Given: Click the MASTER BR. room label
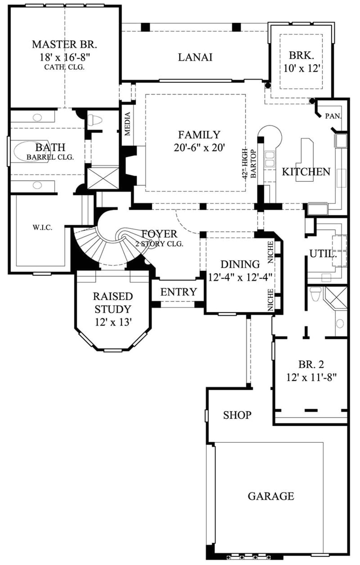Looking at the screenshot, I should click(64, 44).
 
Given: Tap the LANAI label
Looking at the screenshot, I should click(195, 57).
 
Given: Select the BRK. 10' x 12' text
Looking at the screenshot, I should click(301, 68).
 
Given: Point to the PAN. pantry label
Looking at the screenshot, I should click(333, 116).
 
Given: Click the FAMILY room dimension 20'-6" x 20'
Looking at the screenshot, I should click(199, 148).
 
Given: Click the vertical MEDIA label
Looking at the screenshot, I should click(127, 124).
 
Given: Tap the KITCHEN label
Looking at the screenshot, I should click(306, 172).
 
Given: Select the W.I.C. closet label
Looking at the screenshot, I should click(42, 227).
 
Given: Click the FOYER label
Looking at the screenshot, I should click(159, 234).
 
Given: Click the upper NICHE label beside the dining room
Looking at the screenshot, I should click(270, 252).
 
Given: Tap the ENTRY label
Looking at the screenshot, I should click(179, 292).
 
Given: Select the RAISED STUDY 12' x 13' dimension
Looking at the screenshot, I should click(113, 322).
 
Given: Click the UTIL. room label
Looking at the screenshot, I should click(323, 254).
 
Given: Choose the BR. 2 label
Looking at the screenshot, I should click(311, 364).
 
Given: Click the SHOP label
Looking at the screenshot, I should click(237, 415).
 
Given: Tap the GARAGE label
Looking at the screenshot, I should click(271, 496).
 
